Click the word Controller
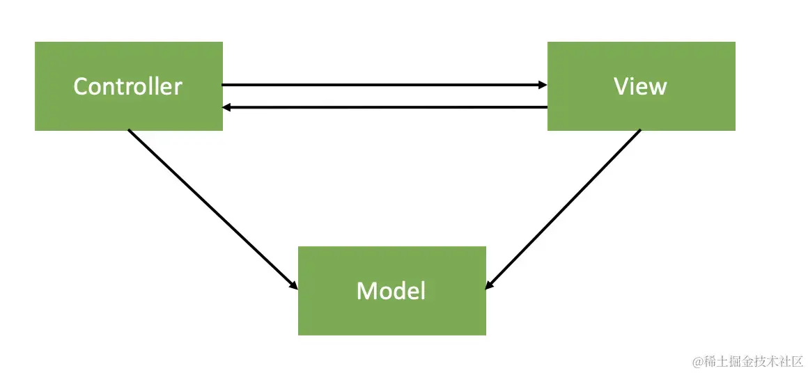coord(127,86)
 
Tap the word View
coord(640,86)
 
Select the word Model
coord(391,290)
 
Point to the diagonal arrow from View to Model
coord(564,209)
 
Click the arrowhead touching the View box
coord(543,85)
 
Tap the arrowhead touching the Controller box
coord(227,107)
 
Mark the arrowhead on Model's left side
coord(293,285)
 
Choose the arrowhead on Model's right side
coord(490,284)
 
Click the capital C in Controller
coord(81,86)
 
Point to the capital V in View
coord(621,86)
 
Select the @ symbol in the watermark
coord(696,362)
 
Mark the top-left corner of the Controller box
coord(36,42)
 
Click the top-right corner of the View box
coord(734,42)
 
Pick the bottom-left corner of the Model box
coord(299,334)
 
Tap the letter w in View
coord(658,88)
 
